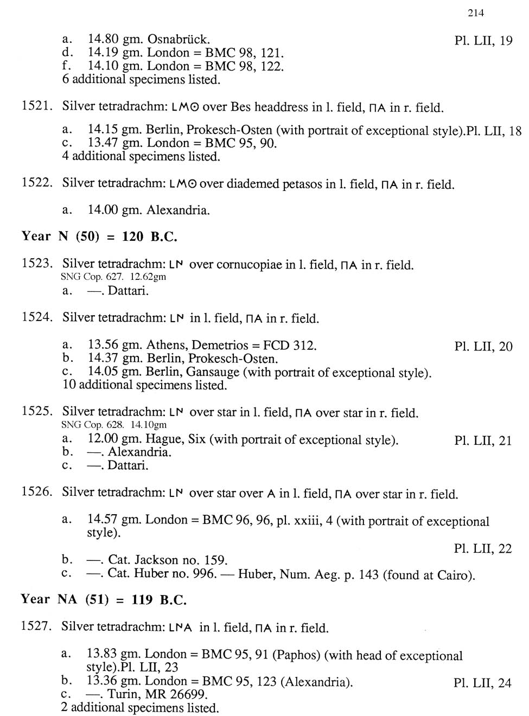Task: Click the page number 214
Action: tap(475, 13)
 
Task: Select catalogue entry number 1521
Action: tap(36, 106)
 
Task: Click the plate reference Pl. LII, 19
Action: tap(483, 41)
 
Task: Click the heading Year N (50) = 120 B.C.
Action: tap(99, 236)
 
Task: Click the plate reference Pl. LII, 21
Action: tap(483, 440)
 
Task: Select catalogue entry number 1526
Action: tap(36, 492)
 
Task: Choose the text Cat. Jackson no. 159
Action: tap(168, 560)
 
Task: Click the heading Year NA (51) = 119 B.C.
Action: tap(104, 600)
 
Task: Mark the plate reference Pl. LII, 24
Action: tap(482, 683)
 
